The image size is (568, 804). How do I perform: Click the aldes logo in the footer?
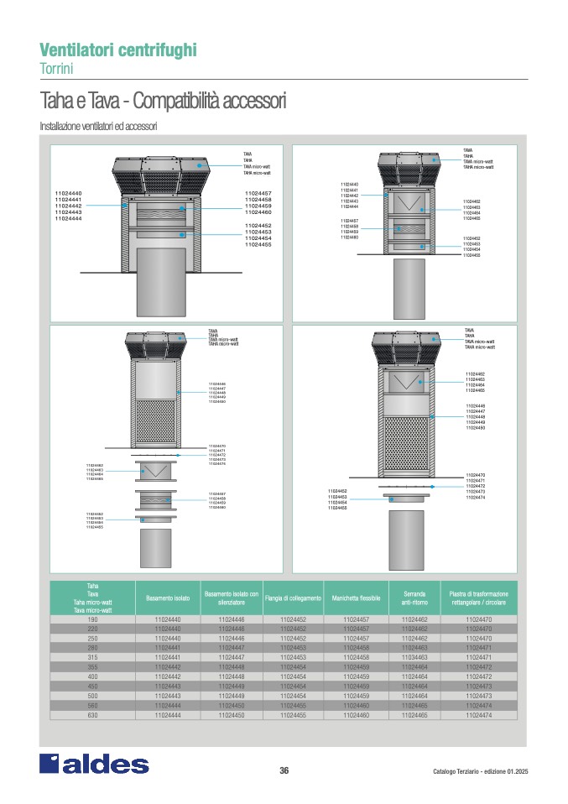[x=94, y=764]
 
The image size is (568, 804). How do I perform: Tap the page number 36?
[x=284, y=771]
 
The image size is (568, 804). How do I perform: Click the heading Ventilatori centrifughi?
[x=118, y=50]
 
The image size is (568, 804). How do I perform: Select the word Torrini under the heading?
[x=57, y=67]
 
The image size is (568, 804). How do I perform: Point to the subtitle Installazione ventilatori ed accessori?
[x=98, y=126]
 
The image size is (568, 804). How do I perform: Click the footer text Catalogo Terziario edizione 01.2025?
[x=480, y=772]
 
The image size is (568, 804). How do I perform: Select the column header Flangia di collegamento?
[x=293, y=598]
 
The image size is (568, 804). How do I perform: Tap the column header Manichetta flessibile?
[x=357, y=598]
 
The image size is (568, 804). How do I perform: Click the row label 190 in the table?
[x=92, y=619]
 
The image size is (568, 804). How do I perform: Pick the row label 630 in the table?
[x=92, y=715]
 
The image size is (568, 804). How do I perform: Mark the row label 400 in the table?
[x=92, y=676]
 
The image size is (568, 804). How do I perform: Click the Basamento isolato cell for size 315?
[x=169, y=657]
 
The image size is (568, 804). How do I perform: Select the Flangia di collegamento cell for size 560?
[x=293, y=706]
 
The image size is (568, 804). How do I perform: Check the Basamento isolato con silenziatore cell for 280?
[x=231, y=648]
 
